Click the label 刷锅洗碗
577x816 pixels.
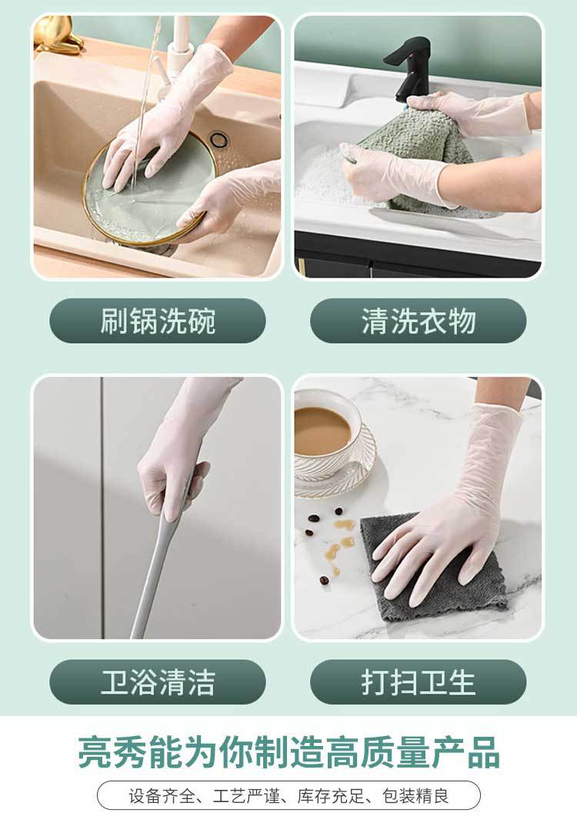tap(157, 321)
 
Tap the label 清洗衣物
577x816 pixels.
tap(419, 321)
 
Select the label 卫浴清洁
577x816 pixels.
tap(157, 682)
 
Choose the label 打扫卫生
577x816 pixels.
tap(419, 682)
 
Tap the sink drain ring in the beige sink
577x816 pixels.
tap(218, 139)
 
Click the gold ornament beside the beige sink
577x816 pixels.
tap(56, 34)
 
